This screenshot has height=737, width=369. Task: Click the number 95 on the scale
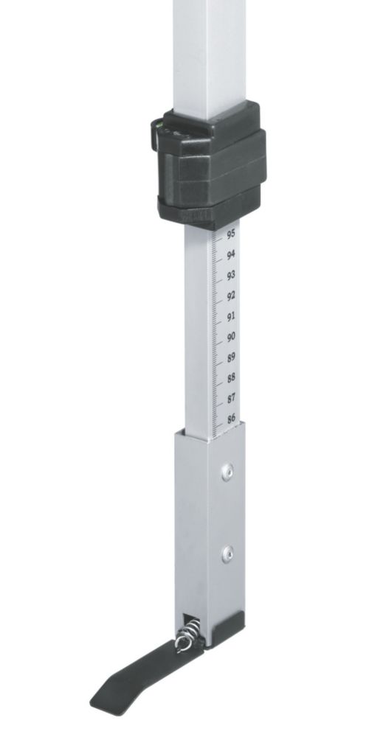(230, 234)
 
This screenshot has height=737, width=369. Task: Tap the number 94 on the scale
(230, 255)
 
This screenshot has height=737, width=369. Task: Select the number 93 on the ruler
(230, 276)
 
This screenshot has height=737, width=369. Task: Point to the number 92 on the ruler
(230, 296)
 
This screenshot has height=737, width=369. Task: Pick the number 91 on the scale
(230, 317)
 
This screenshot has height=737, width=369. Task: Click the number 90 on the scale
(230, 337)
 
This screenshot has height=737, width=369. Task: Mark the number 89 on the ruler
(231, 357)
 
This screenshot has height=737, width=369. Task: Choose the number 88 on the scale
(231, 378)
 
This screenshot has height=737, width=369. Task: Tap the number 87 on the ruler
(231, 399)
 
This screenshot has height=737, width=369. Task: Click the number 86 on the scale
(231, 419)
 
